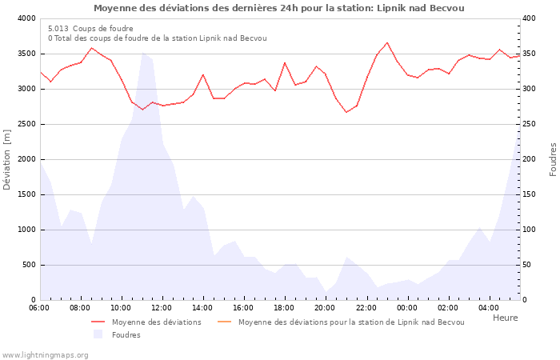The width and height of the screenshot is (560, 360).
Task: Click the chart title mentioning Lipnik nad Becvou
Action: (x=278, y=8)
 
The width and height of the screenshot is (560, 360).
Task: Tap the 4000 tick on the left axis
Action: (x=26, y=18)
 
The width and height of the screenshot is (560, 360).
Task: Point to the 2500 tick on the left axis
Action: (x=26, y=124)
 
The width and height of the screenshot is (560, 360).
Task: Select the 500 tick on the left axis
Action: (x=28, y=265)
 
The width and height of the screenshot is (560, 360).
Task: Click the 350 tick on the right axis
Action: (x=530, y=54)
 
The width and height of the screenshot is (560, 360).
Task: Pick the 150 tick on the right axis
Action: (x=530, y=194)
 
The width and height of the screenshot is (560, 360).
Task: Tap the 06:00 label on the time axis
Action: (x=39, y=307)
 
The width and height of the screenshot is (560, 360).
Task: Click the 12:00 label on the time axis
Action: (x=162, y=307)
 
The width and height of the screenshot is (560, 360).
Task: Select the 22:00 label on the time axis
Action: (x=366, y=307)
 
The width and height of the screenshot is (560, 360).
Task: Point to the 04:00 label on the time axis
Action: (x=489, y=307)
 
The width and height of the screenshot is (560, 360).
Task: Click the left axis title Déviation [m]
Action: (x=7, y=159)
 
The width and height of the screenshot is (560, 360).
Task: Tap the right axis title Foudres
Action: (x=553, y=159)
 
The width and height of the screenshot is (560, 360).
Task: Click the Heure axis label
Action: (x=505, y=318)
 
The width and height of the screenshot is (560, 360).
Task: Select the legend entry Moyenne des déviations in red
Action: (x=156, y=322)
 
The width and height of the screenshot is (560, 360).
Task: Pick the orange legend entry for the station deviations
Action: (x=350, y=322)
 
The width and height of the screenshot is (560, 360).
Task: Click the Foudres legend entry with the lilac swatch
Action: (x=126, y=335)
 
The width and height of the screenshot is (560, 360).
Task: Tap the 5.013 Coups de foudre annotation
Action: (x=90, y=29)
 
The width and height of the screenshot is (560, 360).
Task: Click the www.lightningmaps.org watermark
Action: (x=45, y=354)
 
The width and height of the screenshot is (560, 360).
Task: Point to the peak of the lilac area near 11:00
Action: (x=142, y=53)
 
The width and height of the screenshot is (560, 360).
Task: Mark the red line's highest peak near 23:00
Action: (x=387, y=42)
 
